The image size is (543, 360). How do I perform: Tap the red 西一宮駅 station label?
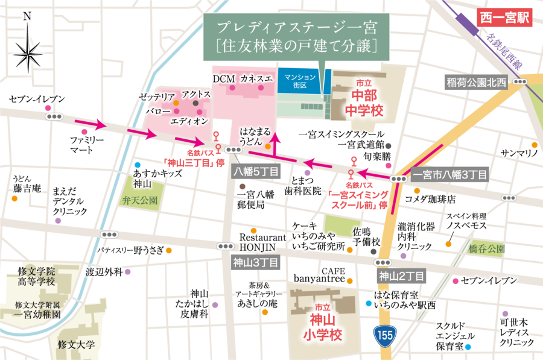click(x=504, y=17)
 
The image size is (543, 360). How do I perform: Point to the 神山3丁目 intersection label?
click(x=255, y=262)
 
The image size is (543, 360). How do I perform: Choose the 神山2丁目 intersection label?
click(x=401, y=277)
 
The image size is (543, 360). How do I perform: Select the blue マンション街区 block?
click(x=300, y=81)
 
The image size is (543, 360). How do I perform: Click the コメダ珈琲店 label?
click(x=430, y=198)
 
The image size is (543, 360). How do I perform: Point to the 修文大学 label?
click(x=77, y=345)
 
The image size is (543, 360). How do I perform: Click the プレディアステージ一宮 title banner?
click(x=296, y=36)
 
